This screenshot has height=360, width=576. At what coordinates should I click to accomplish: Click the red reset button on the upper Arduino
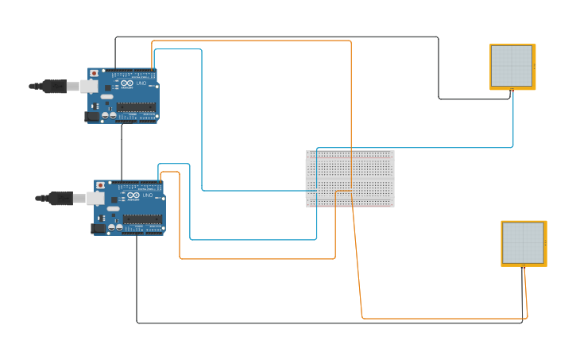[x=95, y=73]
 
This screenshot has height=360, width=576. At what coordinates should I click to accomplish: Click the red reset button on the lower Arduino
[x=101, y=185]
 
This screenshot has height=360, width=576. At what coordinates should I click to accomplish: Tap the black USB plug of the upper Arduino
[x=53, y=86]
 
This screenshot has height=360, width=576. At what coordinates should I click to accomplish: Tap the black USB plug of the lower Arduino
[x=60, y=198]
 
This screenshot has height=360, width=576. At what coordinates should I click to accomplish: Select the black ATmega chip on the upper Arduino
[x=136, y=106]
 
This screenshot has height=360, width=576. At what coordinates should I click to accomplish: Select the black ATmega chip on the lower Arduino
[x=142, y=219]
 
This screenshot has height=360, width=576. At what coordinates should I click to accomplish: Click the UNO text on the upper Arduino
[x=141, y=83]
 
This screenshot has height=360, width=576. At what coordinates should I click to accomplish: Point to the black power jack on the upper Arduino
[x=92, y=116]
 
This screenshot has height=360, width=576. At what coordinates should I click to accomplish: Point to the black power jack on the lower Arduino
[x=99, y=228]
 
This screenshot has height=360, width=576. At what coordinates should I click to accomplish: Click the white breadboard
[x=350, y=178]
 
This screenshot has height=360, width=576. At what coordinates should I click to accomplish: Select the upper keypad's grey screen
[x=511, y=65]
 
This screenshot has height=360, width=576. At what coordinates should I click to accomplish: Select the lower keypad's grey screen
[x=523, y=242]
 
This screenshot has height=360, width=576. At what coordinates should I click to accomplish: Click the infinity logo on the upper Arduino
[x=127, y=83]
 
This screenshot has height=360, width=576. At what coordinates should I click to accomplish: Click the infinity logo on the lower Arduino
[x=133, y=195]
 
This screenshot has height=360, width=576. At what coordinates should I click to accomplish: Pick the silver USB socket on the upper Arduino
[x=89, y=86]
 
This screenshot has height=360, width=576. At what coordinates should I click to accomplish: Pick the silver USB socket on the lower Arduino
[x=95, y=198]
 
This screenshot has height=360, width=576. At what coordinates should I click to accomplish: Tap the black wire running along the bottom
[x=318, y=323]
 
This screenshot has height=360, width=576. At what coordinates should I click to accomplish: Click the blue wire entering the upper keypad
[x=513, y=119]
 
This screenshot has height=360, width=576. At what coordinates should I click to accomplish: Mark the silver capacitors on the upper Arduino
[x=108, y=115]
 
